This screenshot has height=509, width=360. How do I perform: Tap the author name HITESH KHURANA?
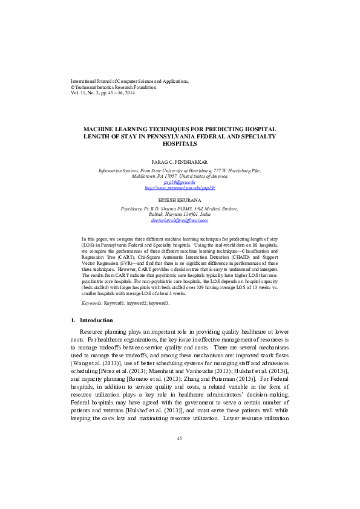(x=180, y=199)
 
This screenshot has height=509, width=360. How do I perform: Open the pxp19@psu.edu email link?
(x=180, y=181)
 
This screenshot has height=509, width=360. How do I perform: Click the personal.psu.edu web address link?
(x=180, y=187)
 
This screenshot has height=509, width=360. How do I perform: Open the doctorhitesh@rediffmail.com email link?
(x=180, y=221)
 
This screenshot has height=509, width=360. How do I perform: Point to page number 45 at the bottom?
(x=180, y=438)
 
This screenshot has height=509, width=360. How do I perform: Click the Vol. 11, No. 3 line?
(x=103, y=94)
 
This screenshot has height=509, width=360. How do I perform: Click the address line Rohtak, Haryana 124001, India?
(x=180, y=215)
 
